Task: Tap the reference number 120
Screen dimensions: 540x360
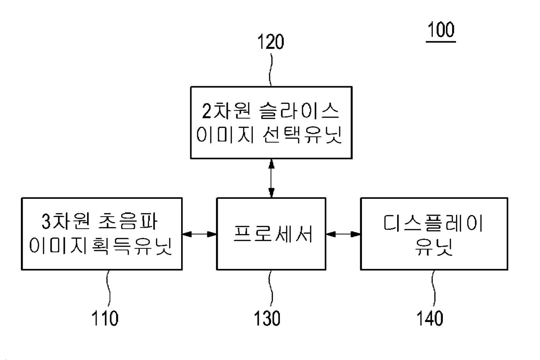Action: point(271,42)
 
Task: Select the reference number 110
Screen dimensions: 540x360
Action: point(105,319)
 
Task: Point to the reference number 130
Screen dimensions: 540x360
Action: point(267,319)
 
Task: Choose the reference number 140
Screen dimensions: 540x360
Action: point(430,319)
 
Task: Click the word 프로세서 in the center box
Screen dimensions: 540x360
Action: point(273,234)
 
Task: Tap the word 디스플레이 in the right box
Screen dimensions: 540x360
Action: point(433,223)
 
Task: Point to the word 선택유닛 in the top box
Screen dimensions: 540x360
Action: point(302,135)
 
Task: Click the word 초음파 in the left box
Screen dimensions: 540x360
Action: point(128,221)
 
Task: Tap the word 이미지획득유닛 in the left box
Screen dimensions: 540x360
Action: point(101,246)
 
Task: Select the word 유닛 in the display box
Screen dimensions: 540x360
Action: point(433,247)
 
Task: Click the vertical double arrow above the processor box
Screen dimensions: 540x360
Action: point(271,178)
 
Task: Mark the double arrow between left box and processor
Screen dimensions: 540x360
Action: point(199,234)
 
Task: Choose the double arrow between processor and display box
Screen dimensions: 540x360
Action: point(343,234)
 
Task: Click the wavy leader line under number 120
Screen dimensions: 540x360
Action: point(271,69)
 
